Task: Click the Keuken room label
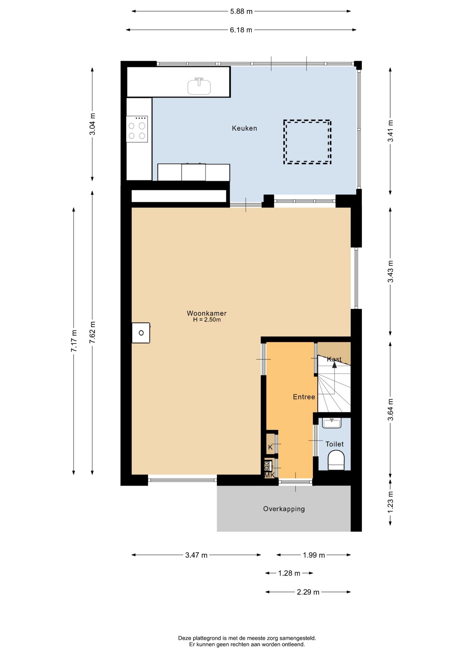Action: point(244,128)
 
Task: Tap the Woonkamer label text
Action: point(207,313)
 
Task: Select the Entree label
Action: point(304,397)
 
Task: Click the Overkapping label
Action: point(284,509)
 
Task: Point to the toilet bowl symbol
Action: point(336,460)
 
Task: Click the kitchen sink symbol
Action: point(199,86)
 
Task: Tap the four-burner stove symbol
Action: point(137,129)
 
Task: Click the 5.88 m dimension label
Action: point(241,11)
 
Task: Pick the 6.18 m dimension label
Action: point(241,30)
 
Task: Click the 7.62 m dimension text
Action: point(92,332)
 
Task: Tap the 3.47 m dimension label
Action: point(196,555)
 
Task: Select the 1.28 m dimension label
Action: point(289,573)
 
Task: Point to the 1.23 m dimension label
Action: point(391,502)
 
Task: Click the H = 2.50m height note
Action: point(207,320)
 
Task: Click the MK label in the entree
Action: point(270,475)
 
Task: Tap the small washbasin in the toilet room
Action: point(332,423)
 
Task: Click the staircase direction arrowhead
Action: point(335,365)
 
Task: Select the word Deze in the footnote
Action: point(185,638)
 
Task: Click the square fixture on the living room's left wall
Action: point(141,333)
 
